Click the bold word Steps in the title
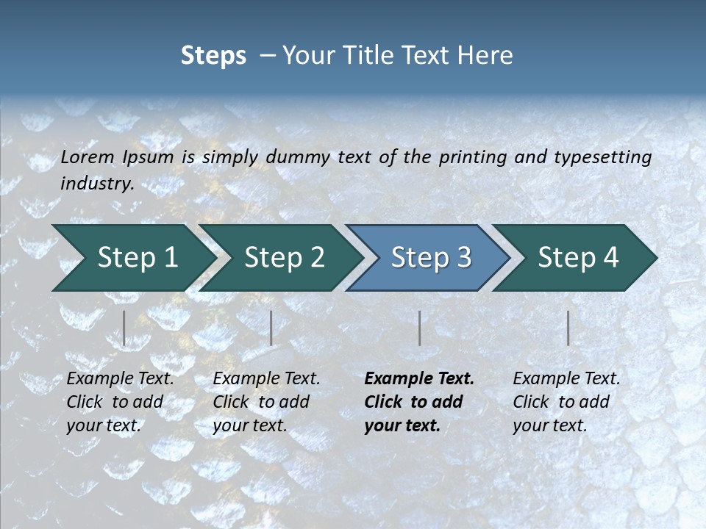213,56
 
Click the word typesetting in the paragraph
602,157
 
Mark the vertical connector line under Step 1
124,328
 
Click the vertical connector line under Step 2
271,328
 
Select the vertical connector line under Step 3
419,328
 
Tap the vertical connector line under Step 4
568,328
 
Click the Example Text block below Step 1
120,402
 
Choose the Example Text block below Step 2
266,402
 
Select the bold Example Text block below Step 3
419,402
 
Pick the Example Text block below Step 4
566,402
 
